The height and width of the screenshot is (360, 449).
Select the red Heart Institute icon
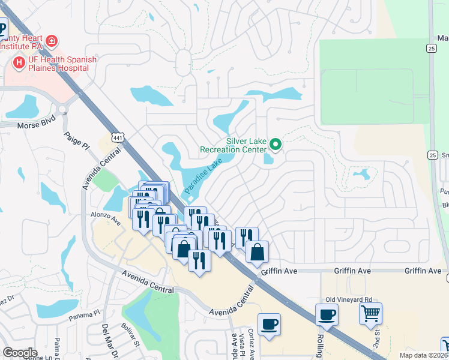tap(52, 41)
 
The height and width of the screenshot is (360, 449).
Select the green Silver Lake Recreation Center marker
tap(276, 144)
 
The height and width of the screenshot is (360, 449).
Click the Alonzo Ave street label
tap(106, 217)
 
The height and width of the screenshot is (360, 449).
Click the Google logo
tap(20, 353)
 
